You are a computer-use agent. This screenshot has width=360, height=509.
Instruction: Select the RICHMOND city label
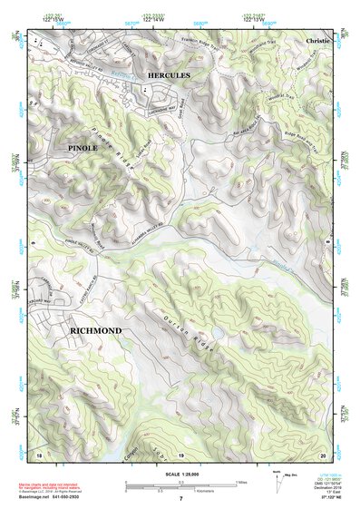coord(95,332)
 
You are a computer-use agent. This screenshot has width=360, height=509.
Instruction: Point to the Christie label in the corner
coord(319,42)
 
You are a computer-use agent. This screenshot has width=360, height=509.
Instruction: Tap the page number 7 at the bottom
coord(180,498)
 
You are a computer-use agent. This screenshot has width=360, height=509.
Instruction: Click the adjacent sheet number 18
coord(38,453)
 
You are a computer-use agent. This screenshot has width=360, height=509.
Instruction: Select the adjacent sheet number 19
coord(180,453)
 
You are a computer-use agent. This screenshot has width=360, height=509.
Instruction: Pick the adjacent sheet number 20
coord(322,453)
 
